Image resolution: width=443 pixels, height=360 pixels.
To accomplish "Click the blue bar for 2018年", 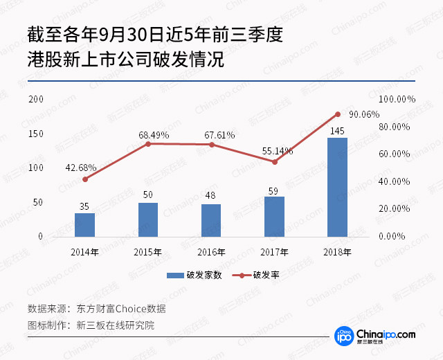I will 337,187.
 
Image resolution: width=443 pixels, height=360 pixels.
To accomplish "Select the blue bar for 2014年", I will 85,225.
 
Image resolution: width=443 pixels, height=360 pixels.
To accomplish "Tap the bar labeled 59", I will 274,216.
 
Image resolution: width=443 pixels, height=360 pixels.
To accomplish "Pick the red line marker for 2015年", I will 148,144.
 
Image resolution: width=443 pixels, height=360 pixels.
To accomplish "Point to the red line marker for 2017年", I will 274,162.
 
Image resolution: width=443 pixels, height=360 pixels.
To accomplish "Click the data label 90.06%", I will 364,115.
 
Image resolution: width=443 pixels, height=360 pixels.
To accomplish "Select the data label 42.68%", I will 81,168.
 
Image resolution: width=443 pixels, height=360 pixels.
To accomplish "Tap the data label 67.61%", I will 215,135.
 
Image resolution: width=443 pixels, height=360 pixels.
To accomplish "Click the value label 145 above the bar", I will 338,131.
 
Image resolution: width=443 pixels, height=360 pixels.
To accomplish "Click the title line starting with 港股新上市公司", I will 126,60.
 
